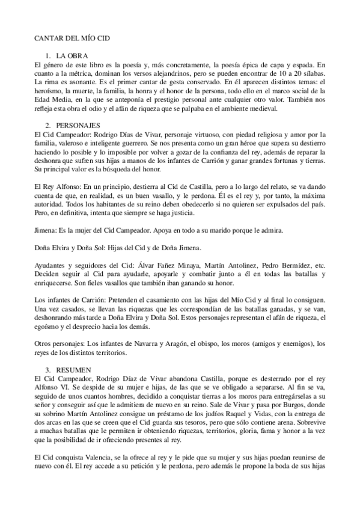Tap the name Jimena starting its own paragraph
(45, 230)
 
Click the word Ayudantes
(52, 266)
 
